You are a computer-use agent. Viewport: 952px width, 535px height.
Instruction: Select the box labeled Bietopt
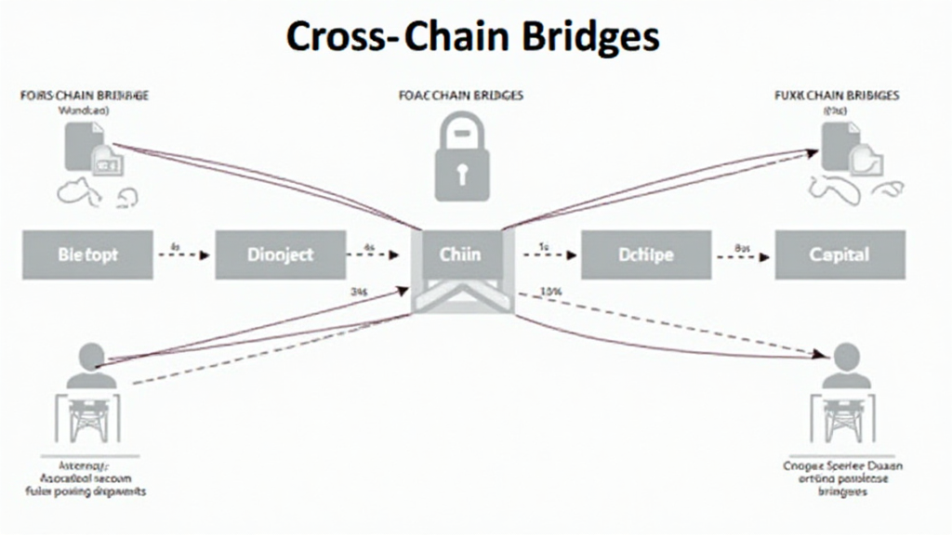87,254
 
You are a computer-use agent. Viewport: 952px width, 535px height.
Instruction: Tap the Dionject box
280,254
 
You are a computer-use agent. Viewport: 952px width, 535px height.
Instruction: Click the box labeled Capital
840,254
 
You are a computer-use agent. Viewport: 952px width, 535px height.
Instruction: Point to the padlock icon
460,158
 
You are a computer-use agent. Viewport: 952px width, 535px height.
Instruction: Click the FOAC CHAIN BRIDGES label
460,95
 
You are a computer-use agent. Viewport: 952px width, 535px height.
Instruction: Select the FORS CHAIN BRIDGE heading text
85,95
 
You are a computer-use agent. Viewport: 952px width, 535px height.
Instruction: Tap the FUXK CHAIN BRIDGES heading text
837,95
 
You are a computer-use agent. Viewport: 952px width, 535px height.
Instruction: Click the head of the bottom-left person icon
92,356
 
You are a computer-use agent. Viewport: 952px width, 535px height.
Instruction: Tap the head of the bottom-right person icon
846,356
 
